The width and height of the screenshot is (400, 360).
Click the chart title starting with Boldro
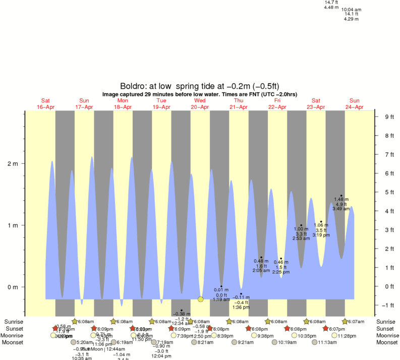click(x=199, y=86)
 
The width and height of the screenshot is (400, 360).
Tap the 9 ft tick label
click(x=389, y=117)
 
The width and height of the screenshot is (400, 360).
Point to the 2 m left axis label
click(x=12, y=164)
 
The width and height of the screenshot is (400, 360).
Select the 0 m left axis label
click(x=12, y=287)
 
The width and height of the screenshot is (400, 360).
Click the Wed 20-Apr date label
click(x=200, y=103)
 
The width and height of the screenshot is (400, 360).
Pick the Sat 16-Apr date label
click(x=45, y=103)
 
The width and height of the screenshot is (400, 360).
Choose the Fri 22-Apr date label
click(x=277, y=103)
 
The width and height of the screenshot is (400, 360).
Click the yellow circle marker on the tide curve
click(x=201, y=299)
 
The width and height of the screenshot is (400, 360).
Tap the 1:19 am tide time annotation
click(x=221, y=299)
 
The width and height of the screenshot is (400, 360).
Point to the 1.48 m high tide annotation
click(x=341, y=199)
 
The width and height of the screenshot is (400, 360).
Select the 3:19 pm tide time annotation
click(x=321, y=235)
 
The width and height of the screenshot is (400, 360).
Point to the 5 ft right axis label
click(x=389, y=192)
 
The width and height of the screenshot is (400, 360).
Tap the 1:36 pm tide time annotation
click(x=241, y=307)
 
